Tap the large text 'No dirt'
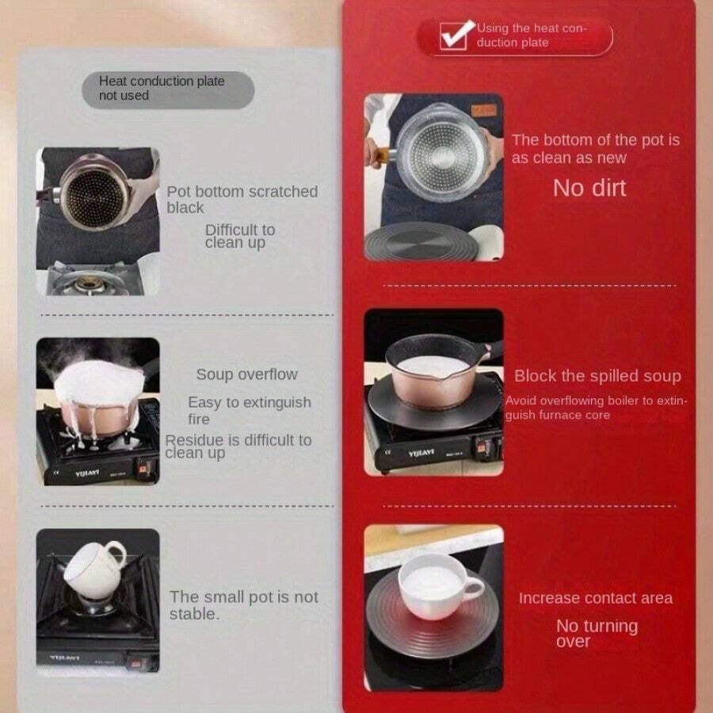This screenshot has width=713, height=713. tap(589, 188)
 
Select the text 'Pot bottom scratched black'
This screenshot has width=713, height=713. tap(241, 200)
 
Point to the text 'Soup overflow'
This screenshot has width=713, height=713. tap(246, 375)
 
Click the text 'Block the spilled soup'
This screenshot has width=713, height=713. tap(597, 376)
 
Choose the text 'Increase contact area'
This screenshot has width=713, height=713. tap(595, 598)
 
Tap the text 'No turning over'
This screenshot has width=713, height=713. tap(596, 633)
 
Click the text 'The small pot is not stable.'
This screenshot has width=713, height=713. tap(243, 605)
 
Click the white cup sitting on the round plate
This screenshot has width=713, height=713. tap(437, 587)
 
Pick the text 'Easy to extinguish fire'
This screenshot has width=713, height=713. tap(249, 410)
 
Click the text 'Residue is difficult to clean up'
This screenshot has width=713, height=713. tap(238, 446)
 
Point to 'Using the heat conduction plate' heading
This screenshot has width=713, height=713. tap(530, 36)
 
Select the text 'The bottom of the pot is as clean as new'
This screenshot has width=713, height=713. tap(595, 148)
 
